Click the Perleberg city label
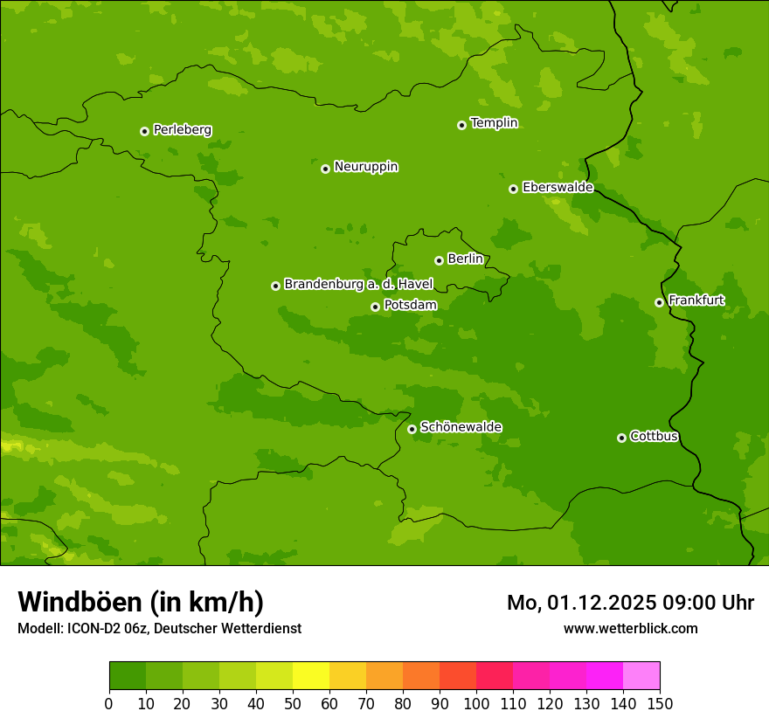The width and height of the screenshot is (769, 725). [182, 129]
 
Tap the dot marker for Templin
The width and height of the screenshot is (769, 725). [461, 125]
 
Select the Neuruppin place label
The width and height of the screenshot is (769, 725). [365, 166]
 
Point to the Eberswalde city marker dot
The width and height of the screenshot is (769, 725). [513, 189]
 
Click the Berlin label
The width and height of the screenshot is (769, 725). [465, 259]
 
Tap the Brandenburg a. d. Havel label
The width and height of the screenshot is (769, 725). [358, 284]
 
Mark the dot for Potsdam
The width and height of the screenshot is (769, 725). [375, 307]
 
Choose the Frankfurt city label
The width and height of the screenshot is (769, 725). [696, 300]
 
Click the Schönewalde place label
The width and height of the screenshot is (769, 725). [461, 426]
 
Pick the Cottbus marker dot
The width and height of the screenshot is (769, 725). [621, 438]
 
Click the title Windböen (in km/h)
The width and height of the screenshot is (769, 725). [140, 602]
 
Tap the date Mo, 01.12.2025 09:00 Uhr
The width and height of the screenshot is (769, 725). [630, 603]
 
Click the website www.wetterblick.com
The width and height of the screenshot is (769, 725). [630, 628]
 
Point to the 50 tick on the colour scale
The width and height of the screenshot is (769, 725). [293, 703]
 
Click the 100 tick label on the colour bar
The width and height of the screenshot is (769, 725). [476, 703]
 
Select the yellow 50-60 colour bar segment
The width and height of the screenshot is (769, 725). [311, 676]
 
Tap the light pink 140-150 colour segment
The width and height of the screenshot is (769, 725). [641, 676]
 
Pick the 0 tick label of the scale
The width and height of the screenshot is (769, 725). [109, 703]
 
